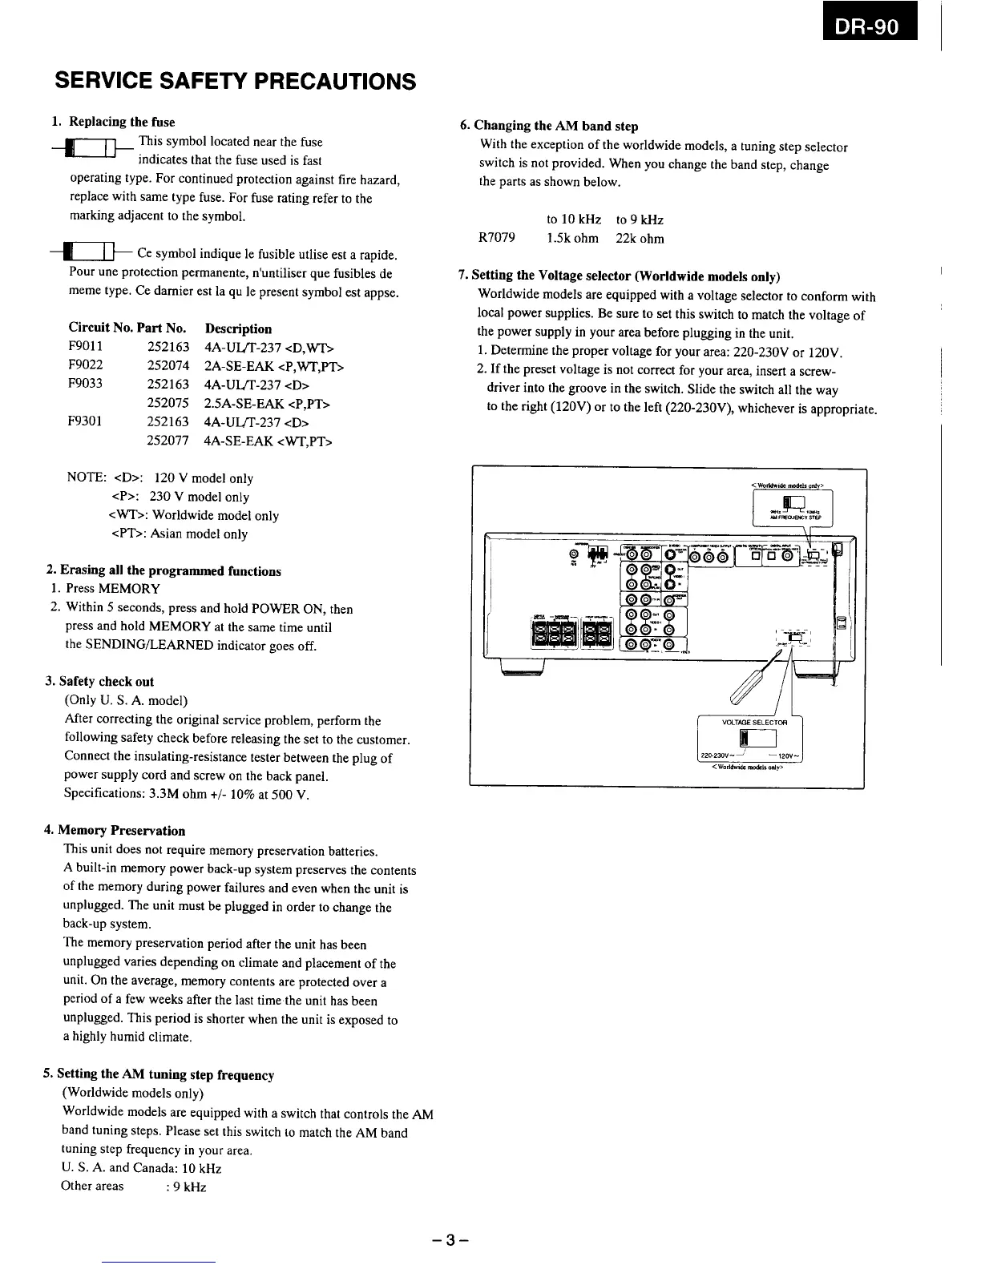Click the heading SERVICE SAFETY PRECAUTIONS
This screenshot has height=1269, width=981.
(235, 82)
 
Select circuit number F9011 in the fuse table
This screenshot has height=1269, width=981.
(86, 347)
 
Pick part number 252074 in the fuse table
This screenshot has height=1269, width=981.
(168, 366)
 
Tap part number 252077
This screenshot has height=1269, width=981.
(168, 441)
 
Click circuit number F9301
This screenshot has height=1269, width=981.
(86, 421)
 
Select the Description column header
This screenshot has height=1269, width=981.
(238, 328)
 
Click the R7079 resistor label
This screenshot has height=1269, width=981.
(496, 238)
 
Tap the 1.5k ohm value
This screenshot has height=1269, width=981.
(572, 238)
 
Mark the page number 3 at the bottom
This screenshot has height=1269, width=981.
(450, 1241)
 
